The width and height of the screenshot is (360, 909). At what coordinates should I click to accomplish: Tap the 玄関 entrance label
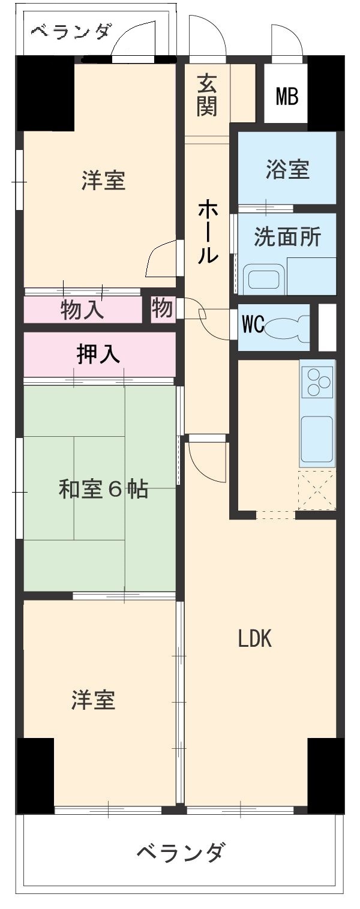pos(206,95)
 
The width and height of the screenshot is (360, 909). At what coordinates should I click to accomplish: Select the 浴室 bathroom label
pos(287,170)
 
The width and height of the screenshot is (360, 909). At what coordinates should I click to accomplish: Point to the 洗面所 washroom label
pos(287,238)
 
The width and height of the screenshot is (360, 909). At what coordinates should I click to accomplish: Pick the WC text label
pos(253,325)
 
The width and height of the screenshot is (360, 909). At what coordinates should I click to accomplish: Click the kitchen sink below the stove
pos(317,437)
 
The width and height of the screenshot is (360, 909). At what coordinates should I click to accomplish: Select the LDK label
pos(255,640)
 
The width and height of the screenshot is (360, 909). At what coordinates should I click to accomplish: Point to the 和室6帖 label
pos(103,490)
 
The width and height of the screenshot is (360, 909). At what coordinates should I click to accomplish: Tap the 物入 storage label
pos(82,310)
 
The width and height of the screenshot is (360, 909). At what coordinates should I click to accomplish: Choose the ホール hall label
pos(208,233)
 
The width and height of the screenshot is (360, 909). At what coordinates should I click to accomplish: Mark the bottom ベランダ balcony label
pos(181,851)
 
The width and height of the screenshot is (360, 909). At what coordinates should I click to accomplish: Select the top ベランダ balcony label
pos(70,31)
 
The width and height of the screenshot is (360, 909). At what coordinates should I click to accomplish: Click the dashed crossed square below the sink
pos(317,489)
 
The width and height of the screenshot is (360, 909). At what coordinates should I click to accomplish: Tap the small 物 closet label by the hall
pos(162,309)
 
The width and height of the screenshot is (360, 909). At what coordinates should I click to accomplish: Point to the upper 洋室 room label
pos(103,180)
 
